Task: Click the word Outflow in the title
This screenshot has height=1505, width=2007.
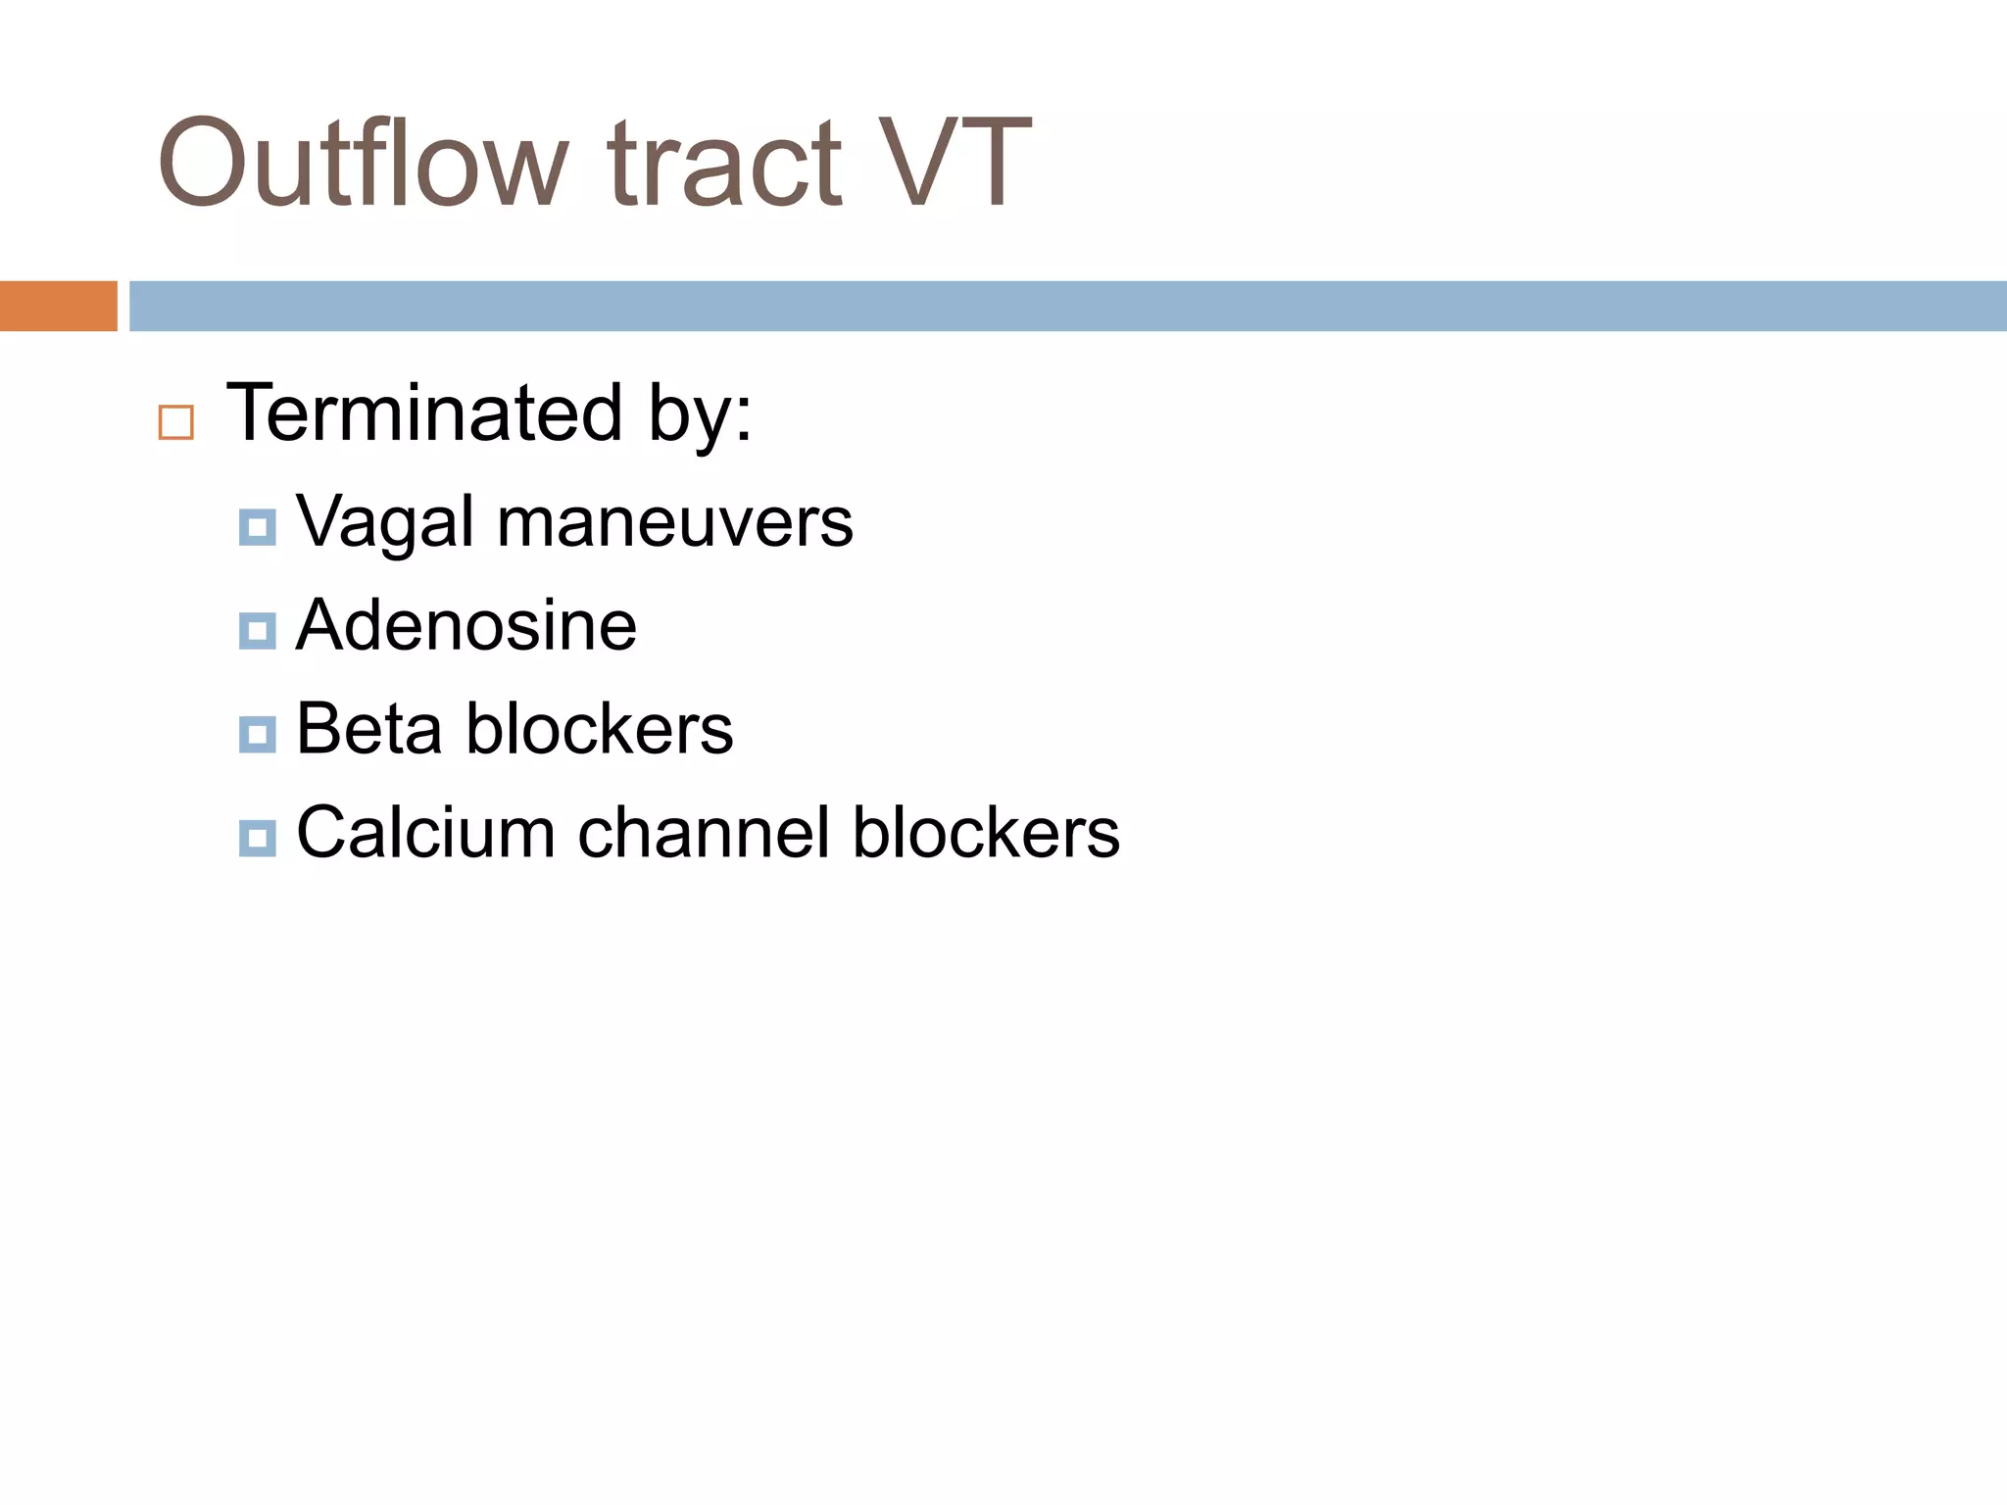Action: [x=363, y=163]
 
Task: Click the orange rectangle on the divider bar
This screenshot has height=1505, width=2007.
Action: [x=58, y=306]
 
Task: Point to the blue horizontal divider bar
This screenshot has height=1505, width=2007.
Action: [x=1067, y=306]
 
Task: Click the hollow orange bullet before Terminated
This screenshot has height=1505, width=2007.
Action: [x=176, y=422]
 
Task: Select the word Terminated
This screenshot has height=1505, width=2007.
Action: [x=424, y=413]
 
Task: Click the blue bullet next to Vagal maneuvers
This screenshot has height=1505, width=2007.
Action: [x=257, y=527]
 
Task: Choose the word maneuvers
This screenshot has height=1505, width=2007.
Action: [x=675, y=522]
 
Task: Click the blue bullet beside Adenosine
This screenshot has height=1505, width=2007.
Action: [x=257, y=630]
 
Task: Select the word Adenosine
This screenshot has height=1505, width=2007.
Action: [x=466, y=625]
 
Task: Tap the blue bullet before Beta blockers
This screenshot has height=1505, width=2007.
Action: [x=257, y=734]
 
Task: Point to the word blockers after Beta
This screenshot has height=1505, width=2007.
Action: [x=599, y=729]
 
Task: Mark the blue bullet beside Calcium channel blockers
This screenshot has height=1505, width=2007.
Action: [x=257, y=838]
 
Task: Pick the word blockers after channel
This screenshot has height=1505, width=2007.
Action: [x=986, y=833]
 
